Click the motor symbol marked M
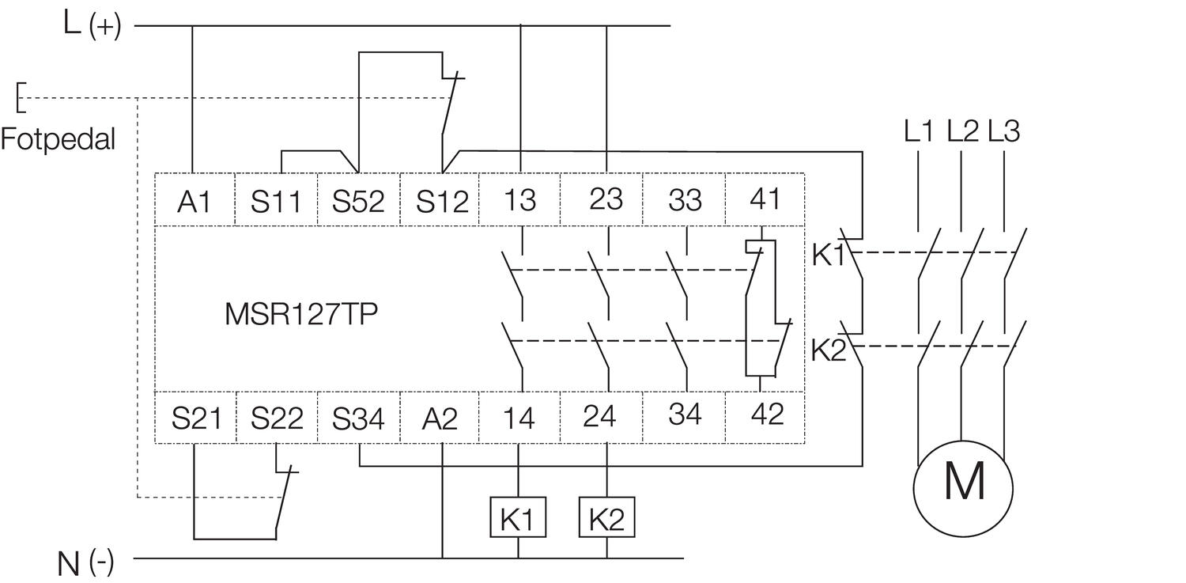[x=962, y=481]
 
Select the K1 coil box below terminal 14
[x=518, y=518]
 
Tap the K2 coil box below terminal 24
[x=607, y=518]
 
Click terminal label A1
[x=195, y=202]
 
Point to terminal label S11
[x=276, y=202]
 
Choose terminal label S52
[x=358, y=202]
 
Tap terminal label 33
[x=684, y=200]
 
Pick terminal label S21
[x=195, y=418]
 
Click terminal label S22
[x=277, y=418]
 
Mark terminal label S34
[x=358, y=418]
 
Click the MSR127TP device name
[x=301, y=315]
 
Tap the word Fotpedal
[x=58, y=139]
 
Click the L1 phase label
[x=919, y=131]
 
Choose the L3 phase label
[x=1003, y=131]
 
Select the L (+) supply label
[x=92, y=25]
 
